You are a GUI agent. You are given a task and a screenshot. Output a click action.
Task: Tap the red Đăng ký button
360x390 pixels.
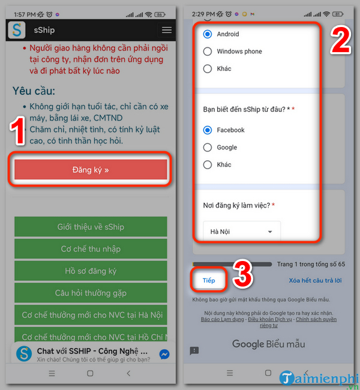point(91,170)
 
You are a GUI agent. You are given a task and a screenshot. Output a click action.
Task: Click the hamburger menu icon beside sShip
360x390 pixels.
point(167,30)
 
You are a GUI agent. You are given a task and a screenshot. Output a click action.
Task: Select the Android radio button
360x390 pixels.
point(208,34)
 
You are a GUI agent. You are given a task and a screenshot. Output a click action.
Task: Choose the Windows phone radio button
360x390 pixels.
point(208,52)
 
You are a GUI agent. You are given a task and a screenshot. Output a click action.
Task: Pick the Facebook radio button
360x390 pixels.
point(208,130)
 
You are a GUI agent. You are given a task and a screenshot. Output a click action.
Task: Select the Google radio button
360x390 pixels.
point(208,148)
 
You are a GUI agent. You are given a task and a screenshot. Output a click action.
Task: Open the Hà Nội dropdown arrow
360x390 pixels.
point(270,232)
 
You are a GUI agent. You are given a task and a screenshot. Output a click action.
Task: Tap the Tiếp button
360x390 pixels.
point(209,280)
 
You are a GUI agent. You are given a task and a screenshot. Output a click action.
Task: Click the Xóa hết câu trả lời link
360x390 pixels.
point(315,281)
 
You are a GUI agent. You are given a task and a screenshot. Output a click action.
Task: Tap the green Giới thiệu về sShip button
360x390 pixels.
point(91,227)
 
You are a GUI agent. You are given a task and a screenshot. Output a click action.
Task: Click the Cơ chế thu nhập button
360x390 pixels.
point(91,249)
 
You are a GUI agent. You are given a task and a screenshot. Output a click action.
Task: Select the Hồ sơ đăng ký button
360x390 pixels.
point(91,271)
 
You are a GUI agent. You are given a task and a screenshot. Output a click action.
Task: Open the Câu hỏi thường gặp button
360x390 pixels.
point(91,293)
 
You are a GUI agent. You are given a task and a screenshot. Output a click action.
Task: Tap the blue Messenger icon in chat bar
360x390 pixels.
point(164,354)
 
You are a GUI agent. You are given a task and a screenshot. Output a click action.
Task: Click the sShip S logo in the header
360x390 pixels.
point(17,30)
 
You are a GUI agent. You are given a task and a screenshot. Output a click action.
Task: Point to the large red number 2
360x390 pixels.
point(341,41)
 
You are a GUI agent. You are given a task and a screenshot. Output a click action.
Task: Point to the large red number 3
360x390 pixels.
point(242,274)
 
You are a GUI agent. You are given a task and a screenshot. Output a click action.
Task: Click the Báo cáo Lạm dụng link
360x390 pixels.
point(222,319)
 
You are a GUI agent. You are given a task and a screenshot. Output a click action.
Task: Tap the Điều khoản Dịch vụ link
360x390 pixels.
point(269,319)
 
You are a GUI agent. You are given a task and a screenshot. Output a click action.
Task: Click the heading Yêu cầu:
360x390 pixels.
point(34,91)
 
